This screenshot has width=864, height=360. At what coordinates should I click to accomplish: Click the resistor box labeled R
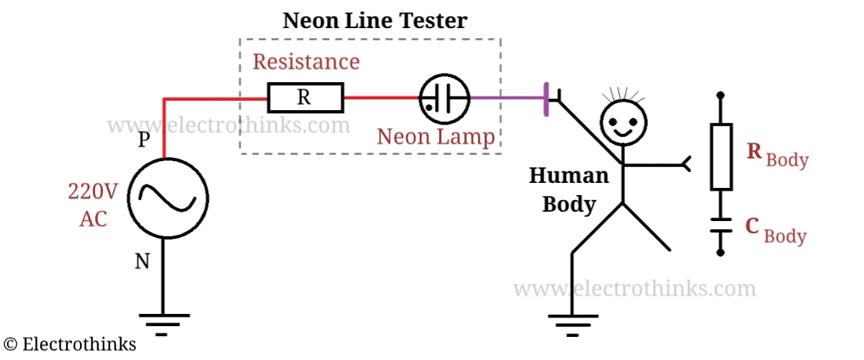coord(305,97)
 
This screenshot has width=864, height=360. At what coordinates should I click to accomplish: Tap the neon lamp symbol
coord(444,97)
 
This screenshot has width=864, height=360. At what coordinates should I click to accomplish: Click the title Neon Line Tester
coord(374,20)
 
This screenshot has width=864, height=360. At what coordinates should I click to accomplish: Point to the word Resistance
coord(306,61)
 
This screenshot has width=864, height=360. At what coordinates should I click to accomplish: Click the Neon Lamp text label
coord(436,136)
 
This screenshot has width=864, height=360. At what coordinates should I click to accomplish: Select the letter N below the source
coord(143,262)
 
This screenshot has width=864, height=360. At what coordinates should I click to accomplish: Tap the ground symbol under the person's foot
coord(572,323)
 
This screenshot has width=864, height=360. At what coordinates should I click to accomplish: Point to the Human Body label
coord(569,189)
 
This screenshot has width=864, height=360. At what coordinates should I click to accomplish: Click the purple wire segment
coord(508,97)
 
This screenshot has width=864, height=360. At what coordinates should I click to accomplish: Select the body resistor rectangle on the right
coord(721,156)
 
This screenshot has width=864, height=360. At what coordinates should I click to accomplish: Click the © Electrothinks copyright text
coord(70,344)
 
